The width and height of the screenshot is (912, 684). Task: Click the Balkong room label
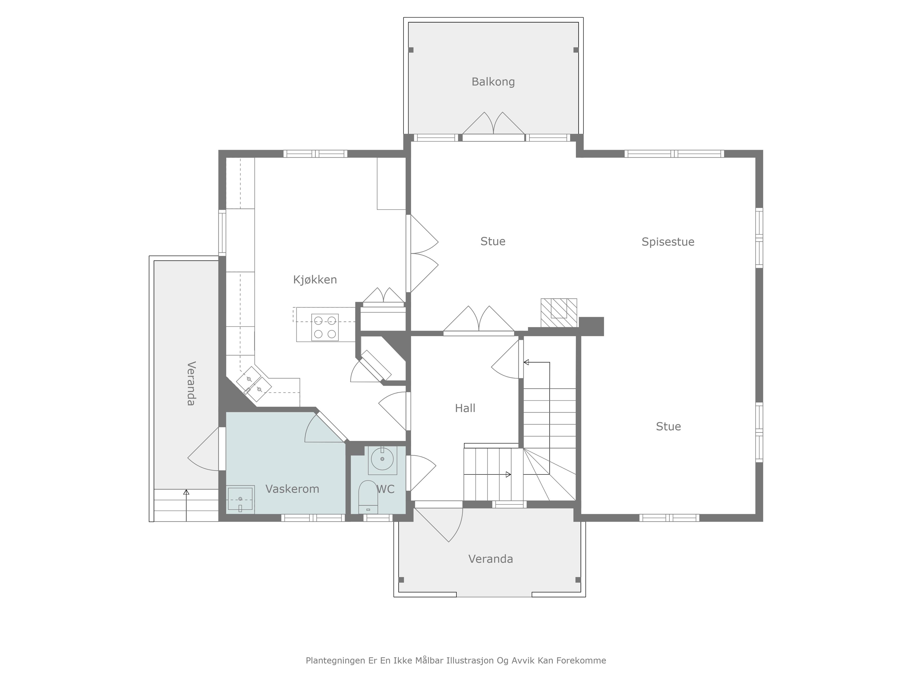493,82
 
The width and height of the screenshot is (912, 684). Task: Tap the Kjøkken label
315,280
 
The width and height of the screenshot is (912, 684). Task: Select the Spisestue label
668,242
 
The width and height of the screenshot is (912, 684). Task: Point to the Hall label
465,408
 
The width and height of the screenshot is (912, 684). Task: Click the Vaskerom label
292,489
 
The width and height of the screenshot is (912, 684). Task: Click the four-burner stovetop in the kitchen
325,327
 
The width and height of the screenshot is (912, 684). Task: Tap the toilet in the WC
368,497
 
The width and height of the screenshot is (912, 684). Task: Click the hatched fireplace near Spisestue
559,313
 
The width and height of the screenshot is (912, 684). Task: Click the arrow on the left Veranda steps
186,505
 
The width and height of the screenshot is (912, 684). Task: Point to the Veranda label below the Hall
491,559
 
